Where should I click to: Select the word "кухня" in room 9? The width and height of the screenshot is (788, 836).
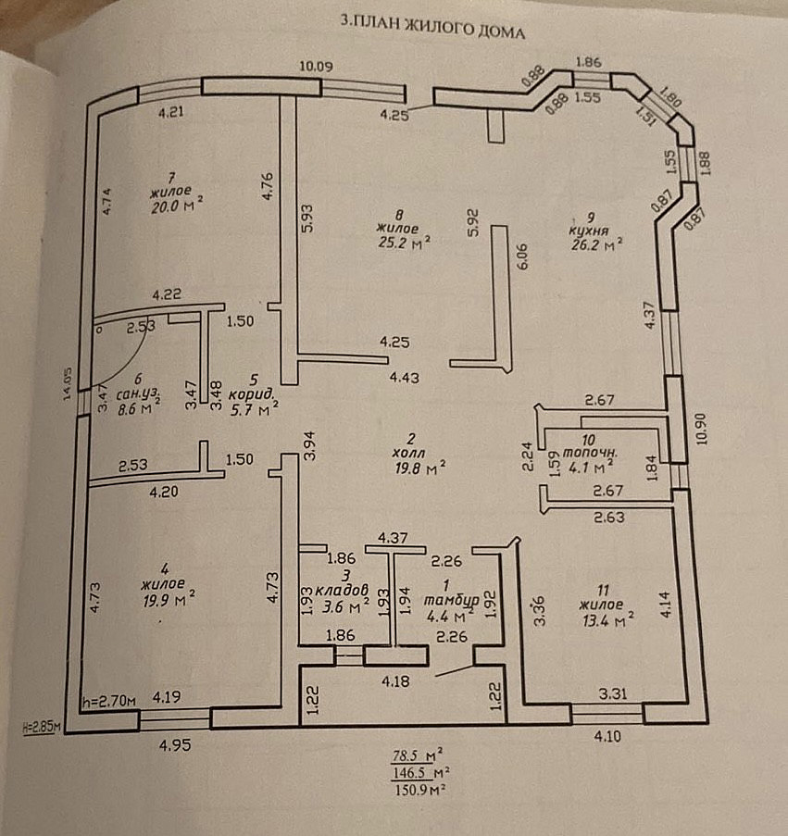[x=589, y=231]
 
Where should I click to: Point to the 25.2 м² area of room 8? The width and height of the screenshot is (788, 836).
[x=404, y=243]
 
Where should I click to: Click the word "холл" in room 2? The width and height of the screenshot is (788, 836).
[x=409, y=453]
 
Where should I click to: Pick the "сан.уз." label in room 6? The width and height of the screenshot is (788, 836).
[x=138, y=394]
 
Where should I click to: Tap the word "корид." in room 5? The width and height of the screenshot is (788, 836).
[x=252, y=395]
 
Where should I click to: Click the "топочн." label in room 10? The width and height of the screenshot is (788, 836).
[x=590, y=453]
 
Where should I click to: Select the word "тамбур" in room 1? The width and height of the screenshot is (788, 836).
[x=452, y=600]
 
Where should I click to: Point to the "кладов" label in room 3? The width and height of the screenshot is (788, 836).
[x=342, y=590]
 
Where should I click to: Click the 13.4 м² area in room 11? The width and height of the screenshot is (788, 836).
[x=607, y=620]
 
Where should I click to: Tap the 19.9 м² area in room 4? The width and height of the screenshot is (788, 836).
[x=169, y=599]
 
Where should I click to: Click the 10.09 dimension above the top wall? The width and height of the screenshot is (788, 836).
[x=316, y=66]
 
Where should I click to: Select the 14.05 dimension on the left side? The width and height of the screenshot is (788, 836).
[x=68, y=384]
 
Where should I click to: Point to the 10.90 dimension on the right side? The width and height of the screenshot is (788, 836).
[x=700, y=429]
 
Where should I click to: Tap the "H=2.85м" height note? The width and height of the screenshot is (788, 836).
[x=41, y=727]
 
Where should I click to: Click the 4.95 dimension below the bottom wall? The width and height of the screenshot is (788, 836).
[x=175, y=744]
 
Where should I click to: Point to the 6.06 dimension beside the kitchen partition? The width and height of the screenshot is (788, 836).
[x=521, y=256]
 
